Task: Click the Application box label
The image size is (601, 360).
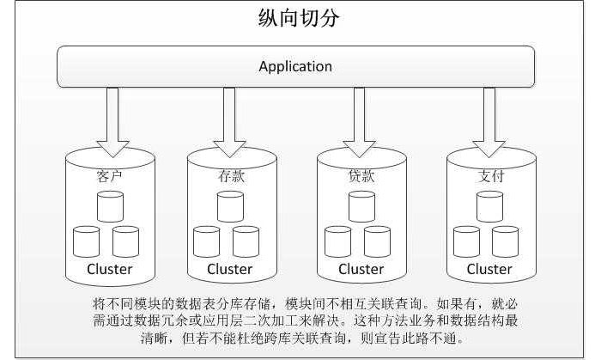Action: click(295, 66)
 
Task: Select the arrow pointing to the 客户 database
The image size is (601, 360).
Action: click(111, 115)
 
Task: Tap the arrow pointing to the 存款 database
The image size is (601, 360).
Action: click(228, 115)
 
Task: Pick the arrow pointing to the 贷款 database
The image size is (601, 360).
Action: click(359, 115)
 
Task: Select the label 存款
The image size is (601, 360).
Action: click(231, 177)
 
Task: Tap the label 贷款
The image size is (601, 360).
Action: click(361, 177)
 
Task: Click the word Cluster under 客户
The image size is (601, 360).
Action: click(110, 269)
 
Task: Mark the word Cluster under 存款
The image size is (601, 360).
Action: click(230, 269)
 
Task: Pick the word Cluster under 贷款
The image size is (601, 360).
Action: click(361, 269)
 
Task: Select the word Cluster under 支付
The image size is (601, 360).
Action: click(489, 269)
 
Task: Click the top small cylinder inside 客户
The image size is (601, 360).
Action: click(110, 207)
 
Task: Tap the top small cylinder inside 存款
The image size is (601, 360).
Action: click(230, 207)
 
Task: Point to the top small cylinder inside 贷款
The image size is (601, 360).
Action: click(361, 207)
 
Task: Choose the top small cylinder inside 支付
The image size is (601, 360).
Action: click(489, 207)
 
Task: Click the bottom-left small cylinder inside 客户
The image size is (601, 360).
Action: click(88, 241)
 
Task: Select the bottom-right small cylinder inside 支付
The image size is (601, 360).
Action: click(507, 241)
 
